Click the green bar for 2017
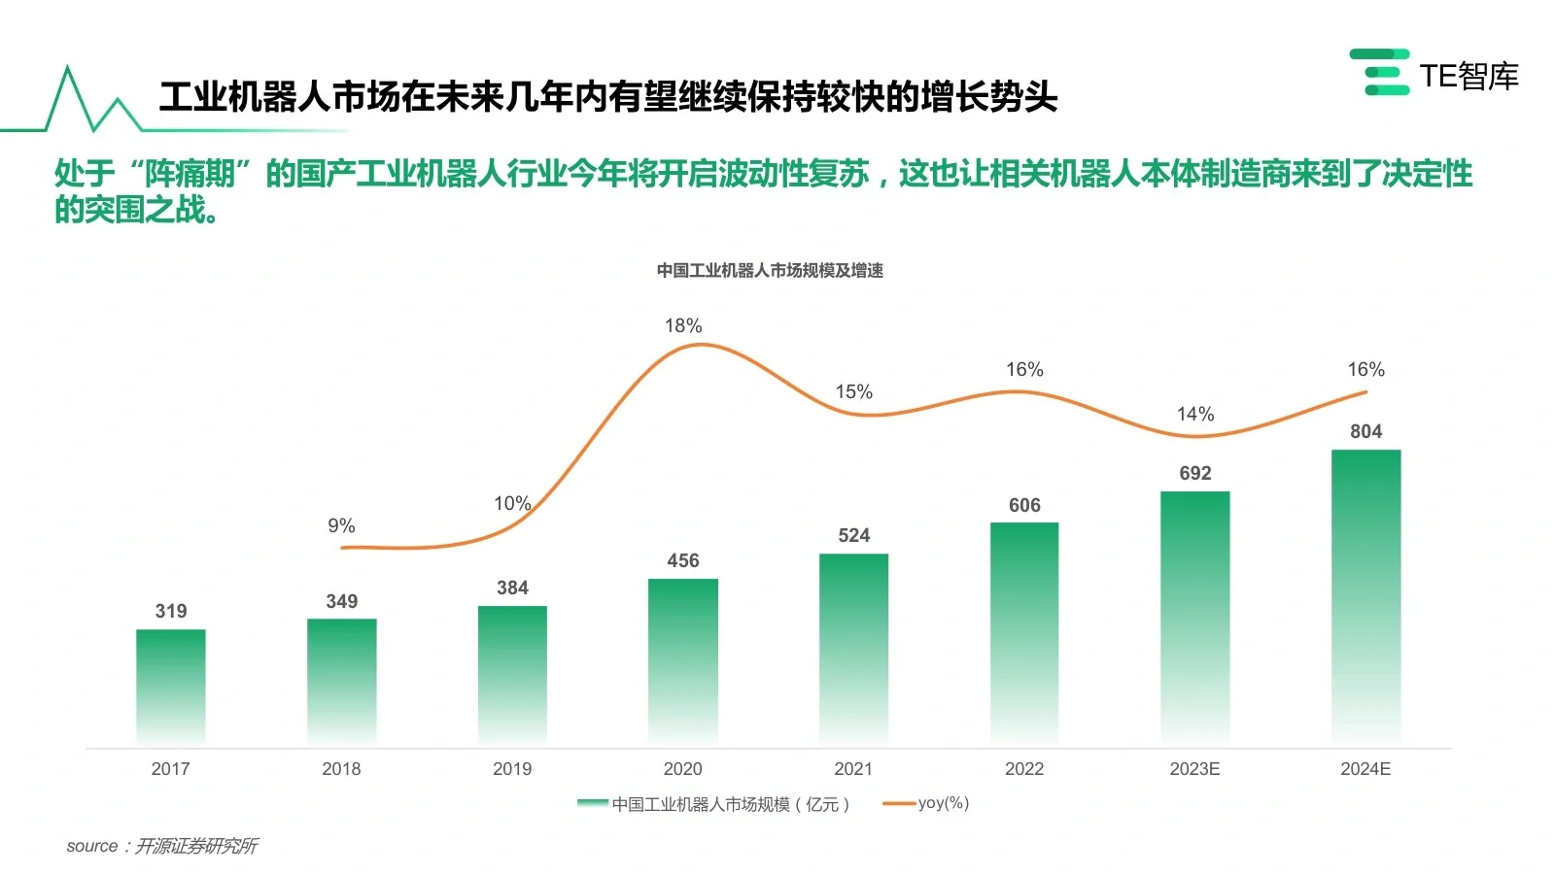pyautogui.click(x=171, y=687)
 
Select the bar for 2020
pyautogui.click(x=683, y=661)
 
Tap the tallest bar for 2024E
pyautogui.click(x=1365, y=596)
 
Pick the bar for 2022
pyautogui.click(x=1024, y=633)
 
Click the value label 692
pyautogui.click(x=1195, y=473)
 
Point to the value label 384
pyautogui.click(x=512, y=588)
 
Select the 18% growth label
pyautogui.click(x=683, y=325)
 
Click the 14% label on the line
pyautogui.click(x=1195, y=414)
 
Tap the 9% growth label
pyautogui.click(x=341, y=525)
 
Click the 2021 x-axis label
pyautogui.click(x=853, y=769)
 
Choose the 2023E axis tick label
pyautogui.click(x=1194, y=769)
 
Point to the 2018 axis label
pyautogui.click(x=341, y=769)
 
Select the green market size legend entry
pyautogui.click(x=715, y=804)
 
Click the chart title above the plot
pyautogui.click(x=770, y=270)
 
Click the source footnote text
pyautogui.click(x=162, y=846)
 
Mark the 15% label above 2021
pyautogui.click(x=853, y=391)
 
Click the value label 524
pyautogui.click(x=853, y=535)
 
